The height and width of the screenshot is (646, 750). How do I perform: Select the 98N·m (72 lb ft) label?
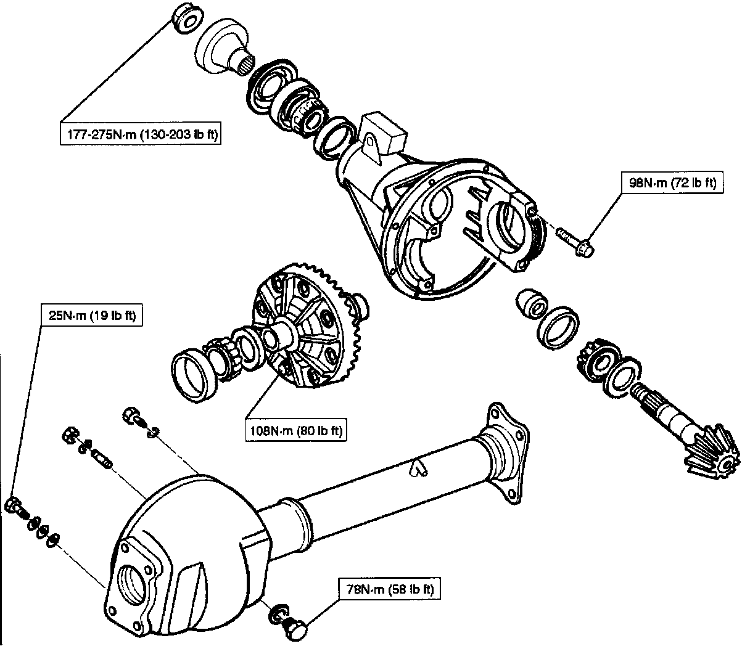point(671,183)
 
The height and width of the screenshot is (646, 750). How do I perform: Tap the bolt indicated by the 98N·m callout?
point(576,243)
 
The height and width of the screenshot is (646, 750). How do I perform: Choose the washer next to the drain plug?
point(276,614)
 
